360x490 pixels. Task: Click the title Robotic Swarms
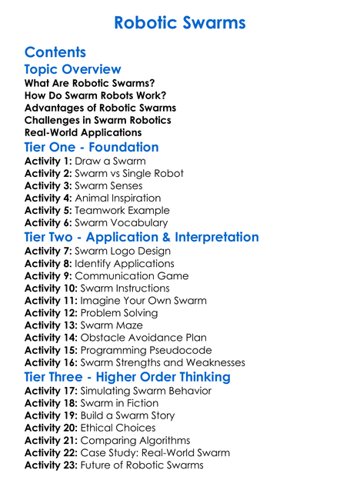(179, 22)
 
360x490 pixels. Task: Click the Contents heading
(55, 52)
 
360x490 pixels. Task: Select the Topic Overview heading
(73, 69)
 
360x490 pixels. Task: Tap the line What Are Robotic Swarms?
(90, 83)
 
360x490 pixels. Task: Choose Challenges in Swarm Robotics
(98, 120)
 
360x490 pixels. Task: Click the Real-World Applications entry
(83, 132)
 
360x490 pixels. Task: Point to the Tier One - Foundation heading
(92, 147)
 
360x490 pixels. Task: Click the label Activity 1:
(48, 162)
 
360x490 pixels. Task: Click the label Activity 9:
(48, 276)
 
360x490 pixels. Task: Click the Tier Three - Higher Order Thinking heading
(128, 377)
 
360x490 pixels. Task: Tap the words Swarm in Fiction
(124, 403)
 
